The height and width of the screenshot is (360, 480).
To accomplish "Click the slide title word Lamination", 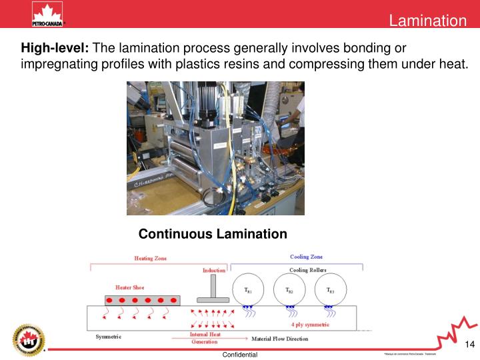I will (x=428, y=21).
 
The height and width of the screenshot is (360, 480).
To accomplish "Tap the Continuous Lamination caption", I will (x=213, y=234).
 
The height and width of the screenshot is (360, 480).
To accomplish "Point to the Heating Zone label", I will (x=150, y=258).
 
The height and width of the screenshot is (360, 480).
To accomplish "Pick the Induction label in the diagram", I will (x=213, y=270).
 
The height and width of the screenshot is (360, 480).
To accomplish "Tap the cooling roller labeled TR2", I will (x=289, y=290).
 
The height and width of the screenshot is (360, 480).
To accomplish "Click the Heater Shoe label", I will (x=129, y=287).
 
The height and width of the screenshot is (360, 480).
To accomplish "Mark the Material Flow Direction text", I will (x=279, y=339).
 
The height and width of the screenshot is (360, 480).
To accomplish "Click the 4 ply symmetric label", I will (x=310, y=325).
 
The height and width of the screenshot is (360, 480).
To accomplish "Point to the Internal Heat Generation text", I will (x=204, y=337).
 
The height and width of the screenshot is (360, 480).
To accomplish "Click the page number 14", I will (x=469, y=344).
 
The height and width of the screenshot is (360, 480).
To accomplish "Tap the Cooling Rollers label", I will (x=307, y=270).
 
